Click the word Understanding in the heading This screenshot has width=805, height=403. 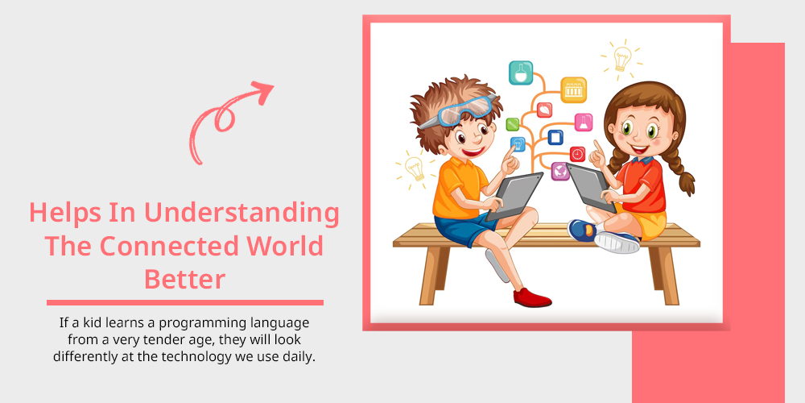[x=242, y=214]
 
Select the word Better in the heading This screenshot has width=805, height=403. [x=185, y=280]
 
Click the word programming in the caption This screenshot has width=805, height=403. [x=202, y=324]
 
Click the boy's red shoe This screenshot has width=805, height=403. [x=532, y=297]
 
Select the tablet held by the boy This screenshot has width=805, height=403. [x=514, y=196]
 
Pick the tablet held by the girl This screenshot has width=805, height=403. [x=590, y=188]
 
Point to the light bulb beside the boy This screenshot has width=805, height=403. [x=415, y=168]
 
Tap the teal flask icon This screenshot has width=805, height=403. [x=521, y=73]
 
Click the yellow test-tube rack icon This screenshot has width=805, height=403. [x=573, y=90]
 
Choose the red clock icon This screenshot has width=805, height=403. [x=577, y=154]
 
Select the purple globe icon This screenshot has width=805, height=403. [x=560, y=171]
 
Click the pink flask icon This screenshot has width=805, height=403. [x=583, y=123]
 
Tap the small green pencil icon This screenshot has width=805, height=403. [x=512, y=124]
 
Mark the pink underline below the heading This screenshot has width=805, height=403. [x=185, y=302]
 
